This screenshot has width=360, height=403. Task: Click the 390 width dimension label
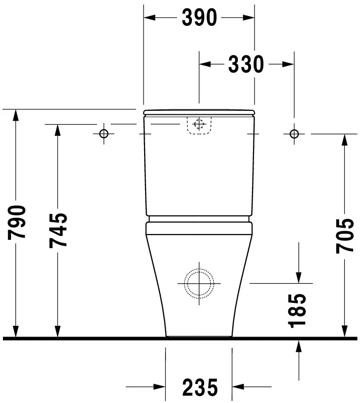pyautogui.click(x=199, y=18)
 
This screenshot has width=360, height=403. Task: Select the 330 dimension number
pyautogui.click(x=246, y=64)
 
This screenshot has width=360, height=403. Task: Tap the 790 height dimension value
pyautogui.click(x=17, y=223)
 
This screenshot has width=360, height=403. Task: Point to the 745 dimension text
pyautogui.click(x=58, y=230)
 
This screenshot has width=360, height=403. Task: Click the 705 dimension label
pyautogui.click(x=344, y=235)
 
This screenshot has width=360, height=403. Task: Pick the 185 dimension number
pyautogui.click(x=298, y=310)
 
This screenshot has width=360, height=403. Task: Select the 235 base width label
pyautogui.click(x=199, y=388)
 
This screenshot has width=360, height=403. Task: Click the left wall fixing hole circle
pyautogui.click(x=104, y=133)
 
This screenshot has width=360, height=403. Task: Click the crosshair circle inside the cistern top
pyautogui.click(x=198, y=124)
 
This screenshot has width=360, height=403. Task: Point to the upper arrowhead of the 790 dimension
pyautogui.click(x=17, y=115)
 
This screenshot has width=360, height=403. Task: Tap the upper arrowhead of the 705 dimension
pyautogui.click(x=344, y=140)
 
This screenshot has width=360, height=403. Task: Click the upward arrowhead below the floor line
pyautogui.click(x=298, y=345)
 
